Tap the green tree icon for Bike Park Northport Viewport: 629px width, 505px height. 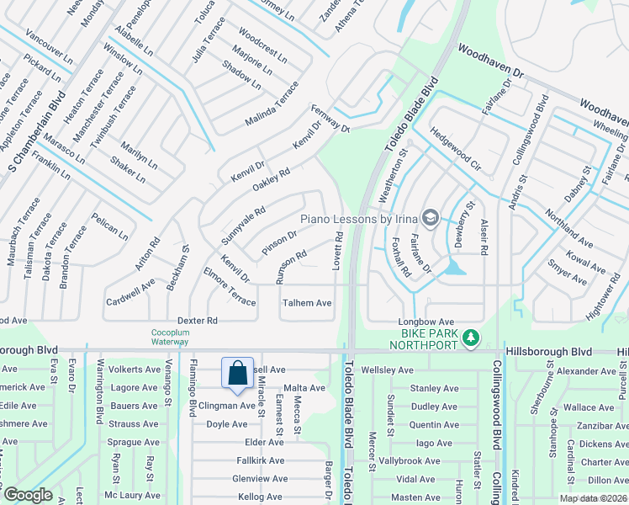tap(472, 338)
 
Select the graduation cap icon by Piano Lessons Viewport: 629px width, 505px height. tap(431, 219)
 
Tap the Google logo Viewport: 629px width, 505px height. tap(28, 495)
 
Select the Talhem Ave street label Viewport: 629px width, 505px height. tap(307, 303)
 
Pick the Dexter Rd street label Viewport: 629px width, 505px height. tap(198, 321)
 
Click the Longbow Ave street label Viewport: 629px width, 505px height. tap(425, 322)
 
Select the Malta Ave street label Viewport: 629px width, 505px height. tap(304, 388)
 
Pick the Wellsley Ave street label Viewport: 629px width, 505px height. tap(387, 369)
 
